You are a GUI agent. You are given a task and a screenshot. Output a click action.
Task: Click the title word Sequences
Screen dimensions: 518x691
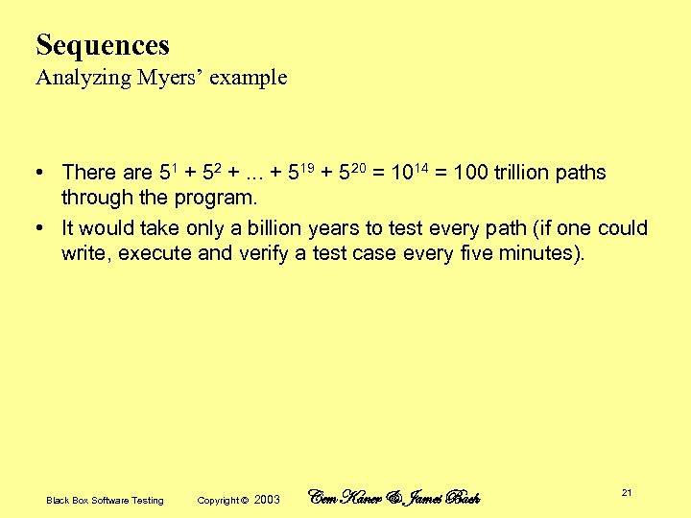point(103,45)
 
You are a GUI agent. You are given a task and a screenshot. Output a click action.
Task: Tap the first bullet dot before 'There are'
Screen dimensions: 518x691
point(40,173)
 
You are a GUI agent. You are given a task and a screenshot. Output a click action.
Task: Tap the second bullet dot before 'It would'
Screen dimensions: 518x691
point(40,228)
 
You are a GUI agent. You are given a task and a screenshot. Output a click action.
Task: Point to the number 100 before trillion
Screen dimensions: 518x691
point(469,173)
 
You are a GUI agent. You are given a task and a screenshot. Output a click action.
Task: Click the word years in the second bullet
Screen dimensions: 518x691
point(333,228)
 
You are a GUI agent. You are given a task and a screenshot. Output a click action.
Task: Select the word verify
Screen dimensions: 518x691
point(263,254)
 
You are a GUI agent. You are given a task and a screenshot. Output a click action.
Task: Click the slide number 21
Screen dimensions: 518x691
point(626,492)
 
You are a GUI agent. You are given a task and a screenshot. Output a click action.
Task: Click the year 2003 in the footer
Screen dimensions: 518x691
point(268,500)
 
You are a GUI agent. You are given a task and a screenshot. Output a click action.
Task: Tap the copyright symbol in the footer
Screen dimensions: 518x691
point(244,500)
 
